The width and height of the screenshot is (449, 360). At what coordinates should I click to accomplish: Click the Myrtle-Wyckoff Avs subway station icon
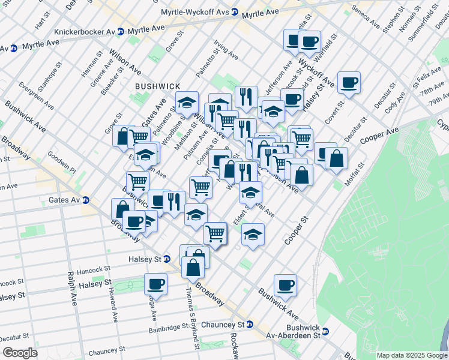click(x=235, y=11)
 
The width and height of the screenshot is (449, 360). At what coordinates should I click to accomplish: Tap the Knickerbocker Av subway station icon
click(x=121, y=31)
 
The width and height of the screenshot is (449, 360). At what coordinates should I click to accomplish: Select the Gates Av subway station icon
click(x=86, y=200)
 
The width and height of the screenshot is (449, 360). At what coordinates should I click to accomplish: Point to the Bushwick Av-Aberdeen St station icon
click(x=326, y=331)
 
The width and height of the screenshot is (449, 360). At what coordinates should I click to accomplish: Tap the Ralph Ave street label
click(x=72, y=289)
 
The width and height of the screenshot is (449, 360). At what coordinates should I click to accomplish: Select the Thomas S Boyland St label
click(x=191, y=317)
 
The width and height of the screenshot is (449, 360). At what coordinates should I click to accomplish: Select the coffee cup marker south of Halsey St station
click(x=155, y=283)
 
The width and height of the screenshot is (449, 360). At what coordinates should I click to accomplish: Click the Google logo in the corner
click(x=20, y=353)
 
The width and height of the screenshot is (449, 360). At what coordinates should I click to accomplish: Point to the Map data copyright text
click(x=412, y=355)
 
